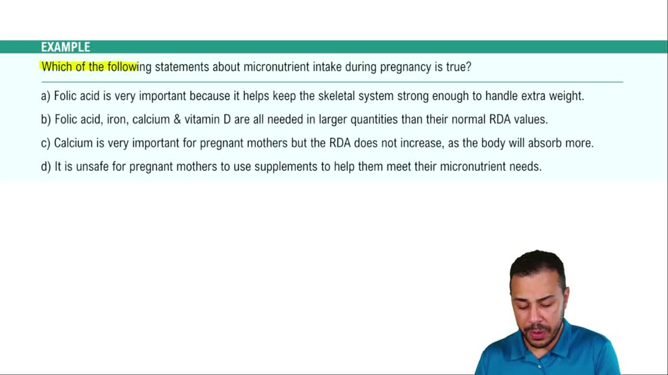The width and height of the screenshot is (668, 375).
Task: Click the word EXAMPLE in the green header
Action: pos(65,47)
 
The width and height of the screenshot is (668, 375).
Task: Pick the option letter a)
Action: pos(45,96)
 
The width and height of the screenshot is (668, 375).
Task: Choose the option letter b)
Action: pos(45,120)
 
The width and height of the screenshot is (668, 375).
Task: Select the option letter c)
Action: pos(45,143)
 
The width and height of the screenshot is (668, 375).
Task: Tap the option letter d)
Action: pos(45,167)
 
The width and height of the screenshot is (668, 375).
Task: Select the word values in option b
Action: pos(530,120)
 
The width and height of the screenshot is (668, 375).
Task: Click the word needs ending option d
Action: pos(524,167)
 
